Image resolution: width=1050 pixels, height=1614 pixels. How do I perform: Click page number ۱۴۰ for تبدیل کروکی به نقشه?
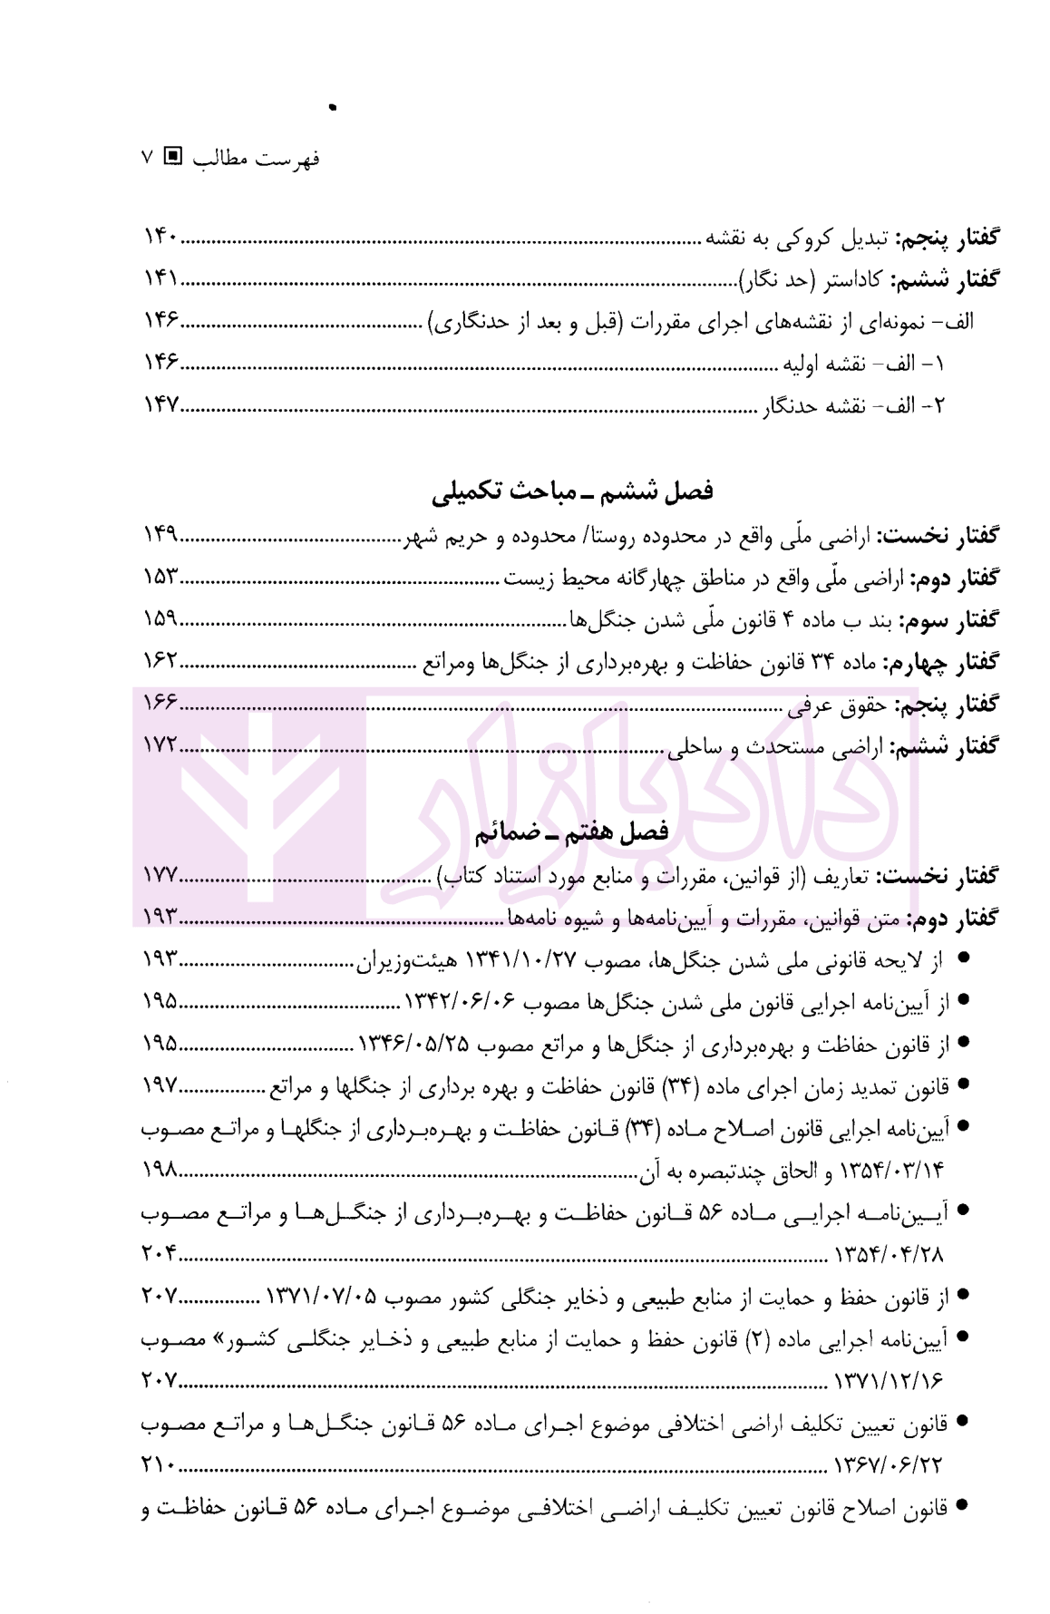pos(160,238)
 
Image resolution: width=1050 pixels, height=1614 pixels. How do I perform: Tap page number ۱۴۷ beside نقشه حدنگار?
pos(160,405)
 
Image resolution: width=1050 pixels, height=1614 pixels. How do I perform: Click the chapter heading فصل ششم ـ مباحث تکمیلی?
pos(571,491)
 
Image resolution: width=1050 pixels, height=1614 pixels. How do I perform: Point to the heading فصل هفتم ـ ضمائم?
pos(571,832)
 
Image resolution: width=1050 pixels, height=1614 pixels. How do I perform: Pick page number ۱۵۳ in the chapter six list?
pos(160,578)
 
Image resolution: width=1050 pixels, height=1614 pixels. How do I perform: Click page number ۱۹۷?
pos(160,1085)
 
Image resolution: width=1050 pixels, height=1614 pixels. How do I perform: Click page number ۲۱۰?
pos(160,1465)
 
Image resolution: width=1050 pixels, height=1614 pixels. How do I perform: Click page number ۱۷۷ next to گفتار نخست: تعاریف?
pos(160,876)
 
